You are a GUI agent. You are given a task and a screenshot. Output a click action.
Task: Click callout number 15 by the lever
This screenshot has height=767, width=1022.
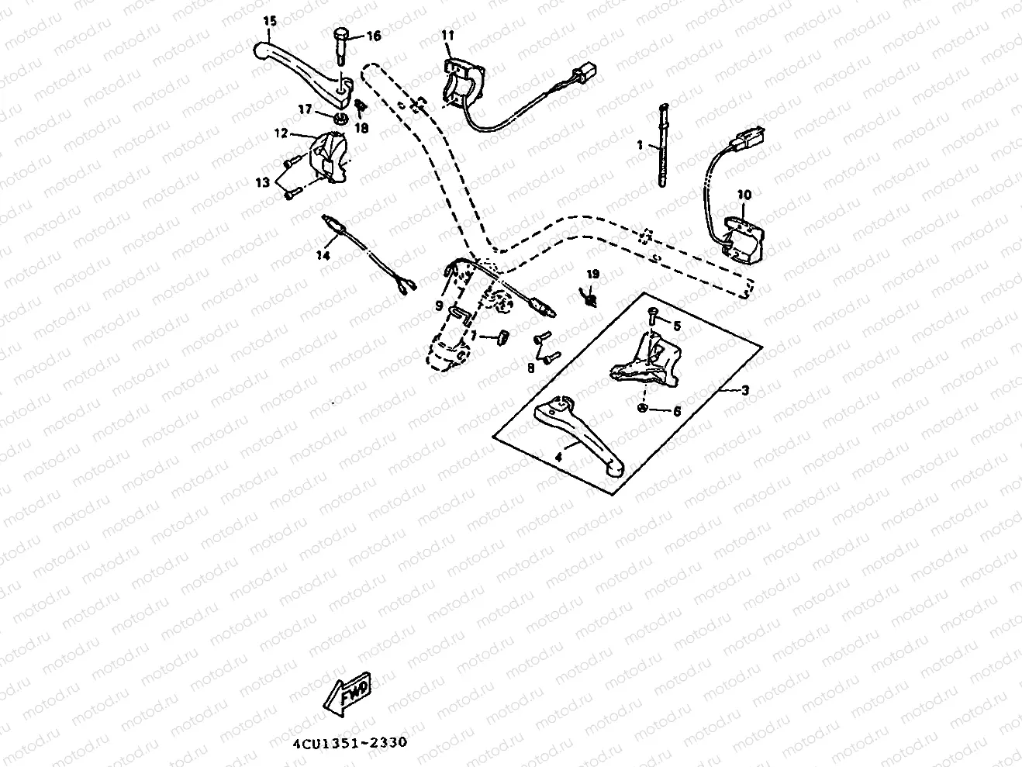tap(268, 22)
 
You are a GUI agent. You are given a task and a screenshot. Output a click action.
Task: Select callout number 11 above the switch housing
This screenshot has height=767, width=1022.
tap(448, 35)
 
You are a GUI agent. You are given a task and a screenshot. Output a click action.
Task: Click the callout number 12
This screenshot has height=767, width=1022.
tap(302, 133)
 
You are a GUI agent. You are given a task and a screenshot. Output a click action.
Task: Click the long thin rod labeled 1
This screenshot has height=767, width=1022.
tap(665, 147)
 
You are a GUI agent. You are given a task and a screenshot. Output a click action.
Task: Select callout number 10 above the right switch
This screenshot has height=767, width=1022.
tap(744, 195)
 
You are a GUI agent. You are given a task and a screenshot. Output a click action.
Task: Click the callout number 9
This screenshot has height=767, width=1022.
tap(439, 306)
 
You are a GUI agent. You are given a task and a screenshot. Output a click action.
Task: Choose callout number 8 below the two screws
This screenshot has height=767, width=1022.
tap(531, 368)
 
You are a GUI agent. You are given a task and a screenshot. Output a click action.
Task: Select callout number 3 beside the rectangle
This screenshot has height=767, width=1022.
tap(744, 390)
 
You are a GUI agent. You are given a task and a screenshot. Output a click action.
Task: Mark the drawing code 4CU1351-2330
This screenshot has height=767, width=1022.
tap(349, 742)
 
